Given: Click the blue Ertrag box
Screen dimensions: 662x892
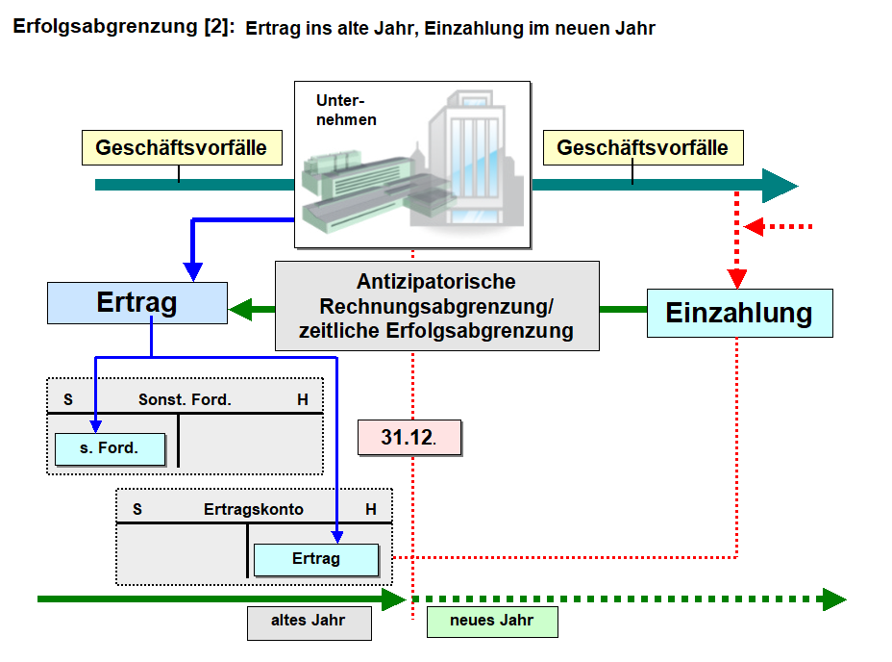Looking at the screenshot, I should tap(137, 303).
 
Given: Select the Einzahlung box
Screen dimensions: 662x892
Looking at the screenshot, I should tap(738, 314).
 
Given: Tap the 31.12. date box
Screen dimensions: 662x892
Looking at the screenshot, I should tap(408, 437).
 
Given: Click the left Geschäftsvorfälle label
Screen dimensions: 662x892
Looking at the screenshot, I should tap(181, 148).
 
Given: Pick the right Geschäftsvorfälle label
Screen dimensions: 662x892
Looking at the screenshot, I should tap(642, 148).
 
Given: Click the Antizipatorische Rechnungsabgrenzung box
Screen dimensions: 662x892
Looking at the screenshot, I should tap(436, 306).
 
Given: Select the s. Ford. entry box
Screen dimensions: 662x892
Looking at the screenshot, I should tap(110, 448).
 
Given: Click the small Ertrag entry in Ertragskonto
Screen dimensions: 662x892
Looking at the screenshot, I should tap(316, 559).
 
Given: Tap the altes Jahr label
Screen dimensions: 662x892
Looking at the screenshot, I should tap(309, 622).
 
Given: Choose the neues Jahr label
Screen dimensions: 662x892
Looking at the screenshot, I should tap(491, 621).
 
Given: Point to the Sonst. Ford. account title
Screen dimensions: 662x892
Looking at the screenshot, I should tap(185, 399).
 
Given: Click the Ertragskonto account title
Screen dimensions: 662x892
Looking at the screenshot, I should tap(254, 509).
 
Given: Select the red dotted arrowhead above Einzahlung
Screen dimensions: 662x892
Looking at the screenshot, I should tap(737, 278).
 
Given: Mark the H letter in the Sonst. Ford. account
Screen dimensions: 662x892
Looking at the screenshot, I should tap(303, 399).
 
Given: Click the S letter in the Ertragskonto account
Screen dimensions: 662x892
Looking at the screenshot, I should tap(137, 509).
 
